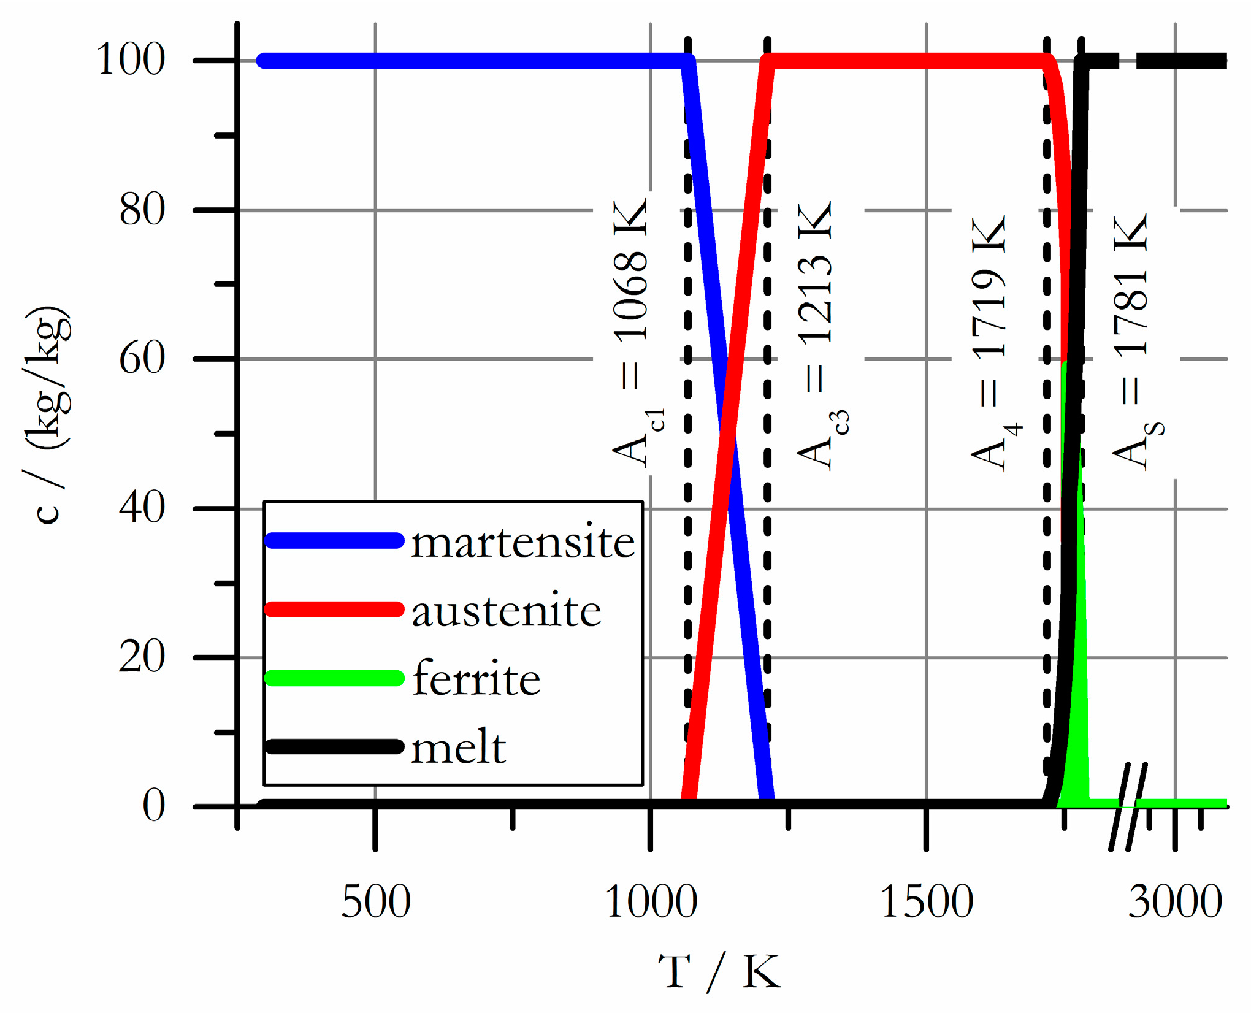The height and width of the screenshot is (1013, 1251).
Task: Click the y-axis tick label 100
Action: pyautogui.click(x=131, y=59)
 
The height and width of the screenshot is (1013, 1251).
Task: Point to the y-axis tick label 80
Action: pyautogui.click(x=142, y=209)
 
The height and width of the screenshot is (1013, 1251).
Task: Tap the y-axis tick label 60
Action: pyautogui.click(x=142, y=358)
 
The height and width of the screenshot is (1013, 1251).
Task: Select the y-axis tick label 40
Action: pyautogui.click(x=142, y=508)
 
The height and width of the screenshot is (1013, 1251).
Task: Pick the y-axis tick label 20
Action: pyautogui.click(x=142, y=657)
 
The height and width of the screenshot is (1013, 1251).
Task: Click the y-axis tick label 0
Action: pyautogui.click(x=153, y=806)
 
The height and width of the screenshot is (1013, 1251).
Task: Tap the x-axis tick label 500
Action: pyautogui.click(x=375, y=902)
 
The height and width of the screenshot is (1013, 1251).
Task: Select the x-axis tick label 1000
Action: pyautogui.click(x=650, y=902)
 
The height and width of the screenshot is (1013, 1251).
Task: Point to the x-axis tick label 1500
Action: pyautogui.click(x=926, y=902)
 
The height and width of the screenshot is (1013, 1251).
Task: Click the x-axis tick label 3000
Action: pyautogui.click(x=1175, y=902)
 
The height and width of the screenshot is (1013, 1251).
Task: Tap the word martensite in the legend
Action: pyautogui.click(x=522, y=542)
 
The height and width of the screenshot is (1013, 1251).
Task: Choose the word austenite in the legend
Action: pyautogui.click(x=506, y=611)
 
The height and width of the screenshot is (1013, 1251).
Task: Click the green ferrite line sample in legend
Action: pyautogui.click(x=334, y=679)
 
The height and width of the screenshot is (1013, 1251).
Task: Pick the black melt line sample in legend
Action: pyautogui.click(x=334, y=747)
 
